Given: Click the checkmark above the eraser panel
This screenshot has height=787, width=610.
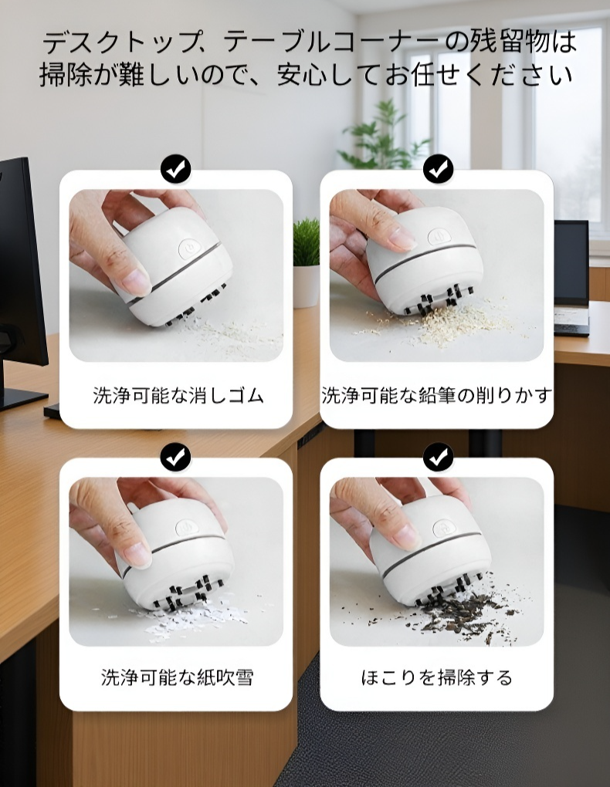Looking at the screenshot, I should (x=176, y=168).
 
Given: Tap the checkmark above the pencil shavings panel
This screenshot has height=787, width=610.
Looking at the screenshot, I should (x=438, y=168).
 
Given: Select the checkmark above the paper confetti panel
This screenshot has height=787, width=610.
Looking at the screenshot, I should (x=176, y=457).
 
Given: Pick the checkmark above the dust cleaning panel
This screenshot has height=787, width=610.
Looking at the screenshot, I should (x=438, y=457).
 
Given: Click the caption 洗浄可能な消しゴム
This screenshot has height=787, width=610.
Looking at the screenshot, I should (x=178, y=397).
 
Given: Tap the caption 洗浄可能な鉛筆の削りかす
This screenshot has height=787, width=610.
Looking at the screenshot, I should (x=436, y=397).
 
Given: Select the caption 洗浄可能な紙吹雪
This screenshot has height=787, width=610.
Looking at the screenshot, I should (x=178, y=677).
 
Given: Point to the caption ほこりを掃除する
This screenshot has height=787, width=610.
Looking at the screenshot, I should (x=436, y=677).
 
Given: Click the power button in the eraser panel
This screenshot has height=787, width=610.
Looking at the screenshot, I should (x=188, y=248).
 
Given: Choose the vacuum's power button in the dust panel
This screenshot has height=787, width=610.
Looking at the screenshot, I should (x=443, y=529).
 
